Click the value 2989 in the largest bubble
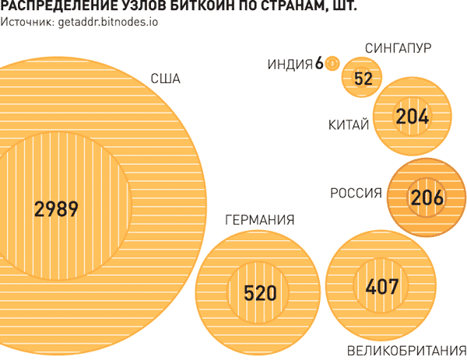pos(57,209)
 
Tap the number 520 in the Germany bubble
pos(260,293)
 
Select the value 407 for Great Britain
pos(381,287)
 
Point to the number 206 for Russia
pos(427,197)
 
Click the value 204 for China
pos(413,116)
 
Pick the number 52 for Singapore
pos(363,79)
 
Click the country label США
pos(166,79)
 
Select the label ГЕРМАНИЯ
pos(259,221)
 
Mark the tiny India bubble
pos(333,62)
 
